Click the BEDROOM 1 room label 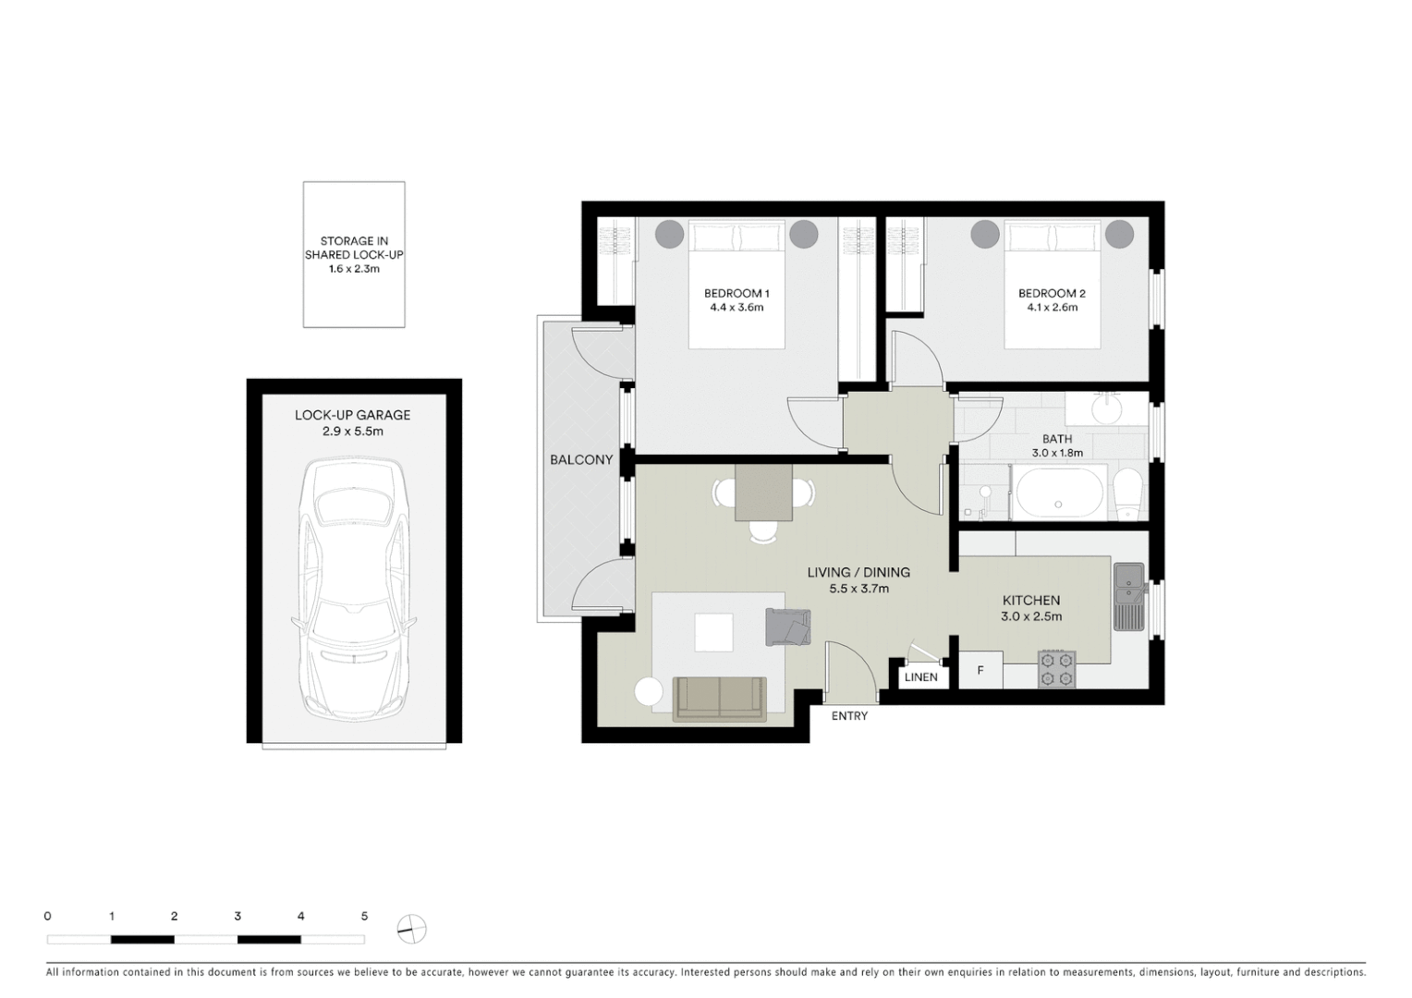click(736, 294)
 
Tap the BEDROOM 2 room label click(1052, 294)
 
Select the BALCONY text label click(581, 460)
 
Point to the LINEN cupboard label click(920, 677)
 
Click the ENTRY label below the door click(849, 716)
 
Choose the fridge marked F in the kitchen click(980, 671)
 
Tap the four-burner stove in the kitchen click(1057, 669)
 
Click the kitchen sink click(1128, 596)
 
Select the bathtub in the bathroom click(1058, 493)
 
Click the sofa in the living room click(720, 698)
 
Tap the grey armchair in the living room click(787, 627)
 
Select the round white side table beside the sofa click(649, 693)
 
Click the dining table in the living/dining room click(763, 493)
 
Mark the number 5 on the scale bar click(364, 917)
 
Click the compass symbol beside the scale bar click(411, 929)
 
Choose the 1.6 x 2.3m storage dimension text click(354, 269)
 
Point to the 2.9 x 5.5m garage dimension click(352, 432)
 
